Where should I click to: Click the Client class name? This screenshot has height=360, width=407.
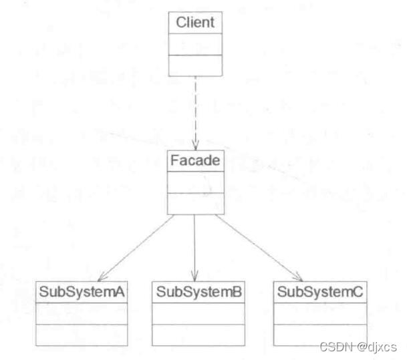tap(194, 23)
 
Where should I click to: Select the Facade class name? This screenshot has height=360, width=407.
tap(194, 161)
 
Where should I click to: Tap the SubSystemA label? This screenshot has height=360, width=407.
tap(82, 292)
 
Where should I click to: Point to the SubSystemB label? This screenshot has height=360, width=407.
tap(194, 292)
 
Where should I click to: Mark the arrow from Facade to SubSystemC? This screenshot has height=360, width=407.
tap(257, 248)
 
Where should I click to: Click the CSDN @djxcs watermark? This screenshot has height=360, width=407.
tap(359, 347)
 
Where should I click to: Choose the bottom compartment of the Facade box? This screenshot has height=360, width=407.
tap(194, 204)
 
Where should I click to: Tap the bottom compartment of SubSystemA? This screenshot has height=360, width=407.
tap(82, 335)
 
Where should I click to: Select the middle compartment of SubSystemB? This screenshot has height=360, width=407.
tap(194, 313)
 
